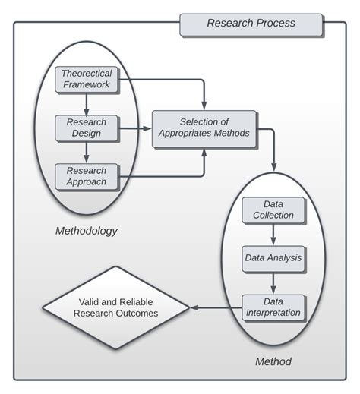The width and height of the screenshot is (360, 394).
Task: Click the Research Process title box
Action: [x=251, y=24]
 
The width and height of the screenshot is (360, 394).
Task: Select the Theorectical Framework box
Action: [x=87, y=80]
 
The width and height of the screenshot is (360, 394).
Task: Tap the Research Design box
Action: [x=87, y=128]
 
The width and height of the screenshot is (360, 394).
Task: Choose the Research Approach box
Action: [x=87, y=176]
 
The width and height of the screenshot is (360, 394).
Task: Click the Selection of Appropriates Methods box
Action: [x=204, y=128]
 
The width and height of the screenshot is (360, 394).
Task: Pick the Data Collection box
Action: [x=273, y=210]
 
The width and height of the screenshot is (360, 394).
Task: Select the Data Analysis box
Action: [x=273, y=258]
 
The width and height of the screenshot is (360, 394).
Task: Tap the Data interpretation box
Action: [x=273, y=307]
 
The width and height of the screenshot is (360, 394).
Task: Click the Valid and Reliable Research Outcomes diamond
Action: [x=115, y=307]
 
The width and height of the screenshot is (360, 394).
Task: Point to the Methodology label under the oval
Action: [x=87, y=230]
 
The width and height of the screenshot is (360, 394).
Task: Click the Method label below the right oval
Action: [x=273, y=361]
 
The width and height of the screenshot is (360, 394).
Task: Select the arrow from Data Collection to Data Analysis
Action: [x=273, y=234]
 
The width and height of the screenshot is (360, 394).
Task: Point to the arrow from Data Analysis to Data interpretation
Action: [x=273, y=282]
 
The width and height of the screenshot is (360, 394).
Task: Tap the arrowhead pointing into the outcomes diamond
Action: [x=193, y=307]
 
